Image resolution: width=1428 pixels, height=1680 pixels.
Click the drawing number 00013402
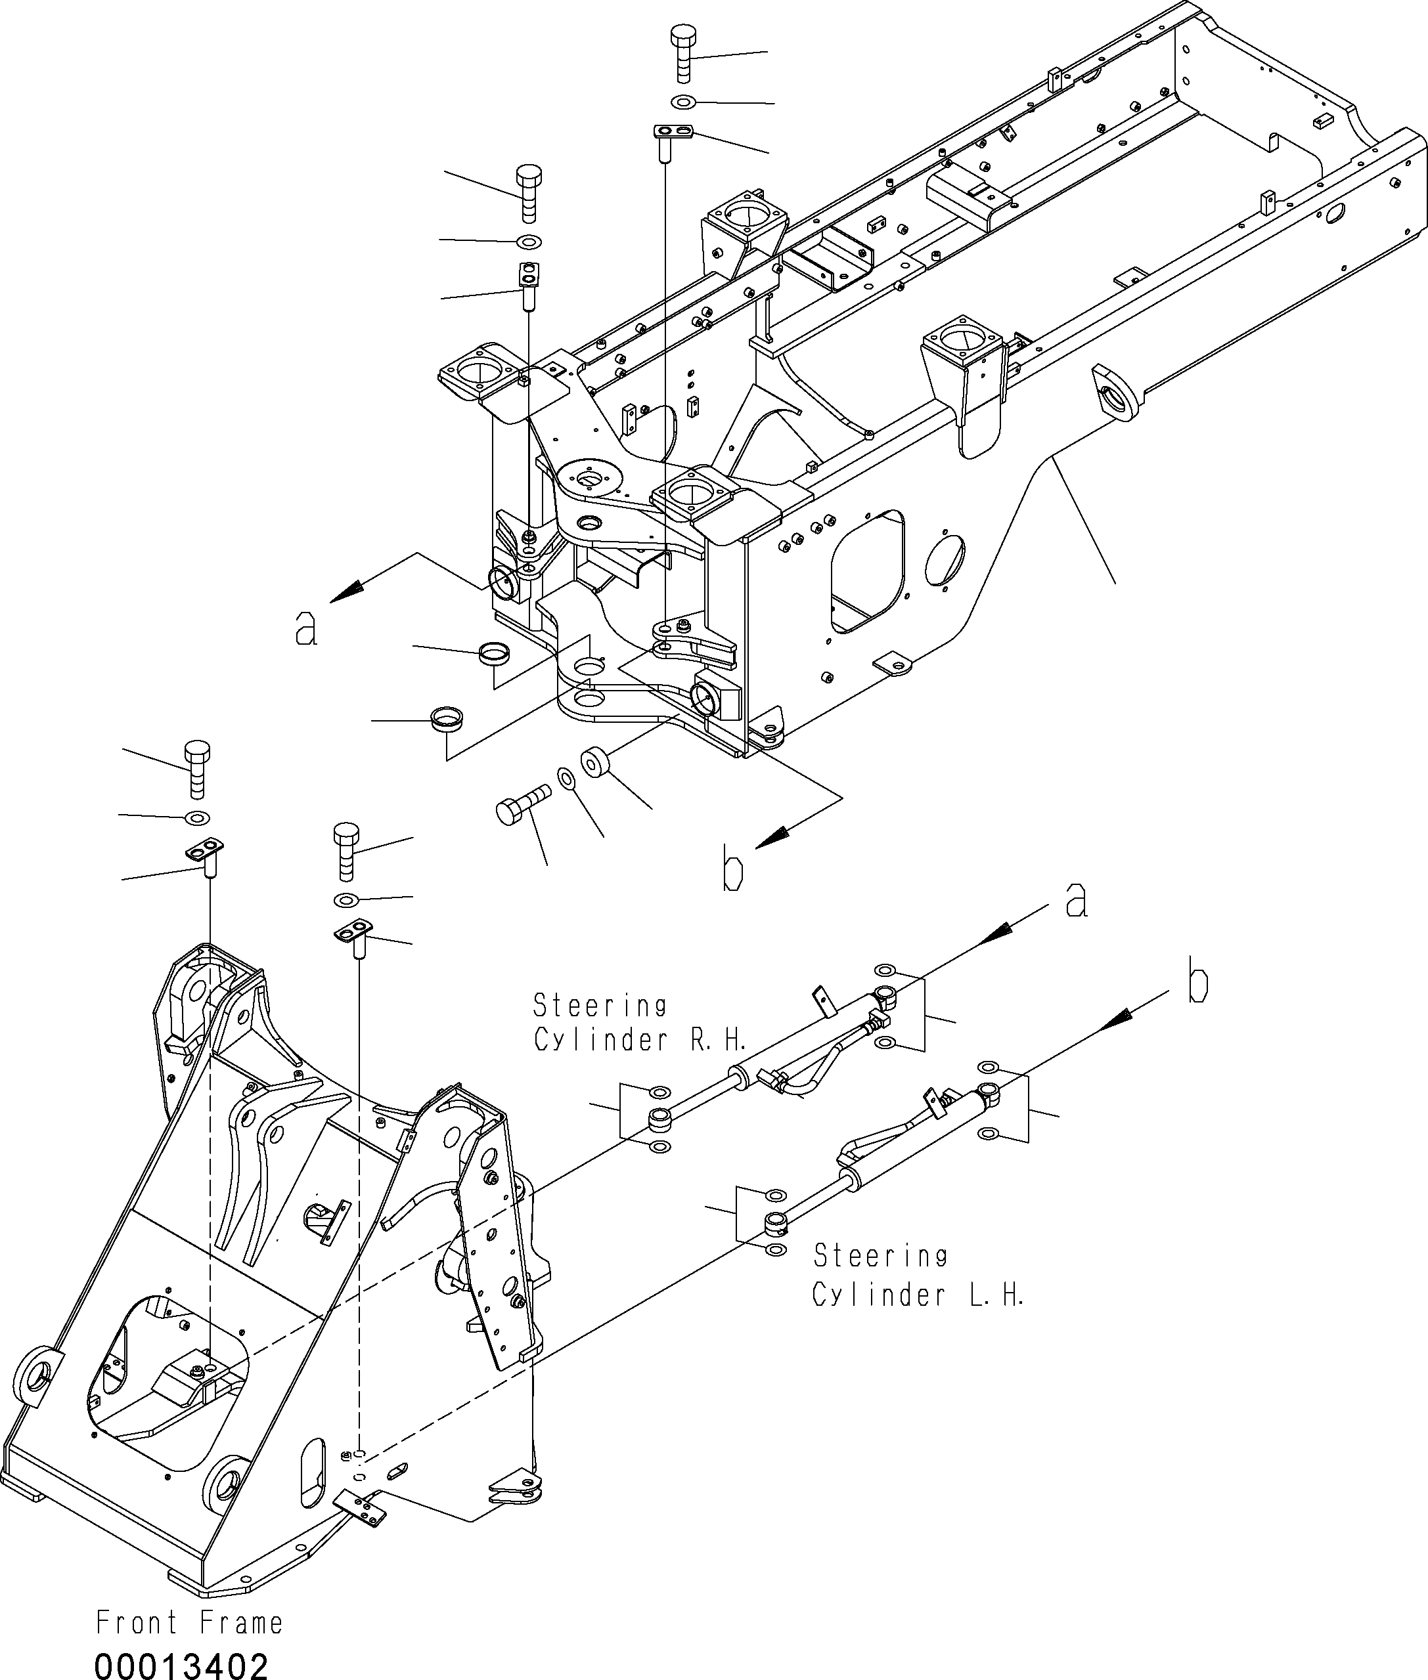click(181, 1660)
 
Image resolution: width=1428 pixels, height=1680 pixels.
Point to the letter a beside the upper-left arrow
click(306, 628)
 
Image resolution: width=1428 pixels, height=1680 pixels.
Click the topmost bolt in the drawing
click(684, 53)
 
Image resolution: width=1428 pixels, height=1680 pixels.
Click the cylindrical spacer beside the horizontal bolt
click(596, 763)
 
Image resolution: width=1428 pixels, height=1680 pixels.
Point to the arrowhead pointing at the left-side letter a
click(345, 595)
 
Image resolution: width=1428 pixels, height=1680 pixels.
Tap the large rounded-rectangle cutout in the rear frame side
click(868, 571)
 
